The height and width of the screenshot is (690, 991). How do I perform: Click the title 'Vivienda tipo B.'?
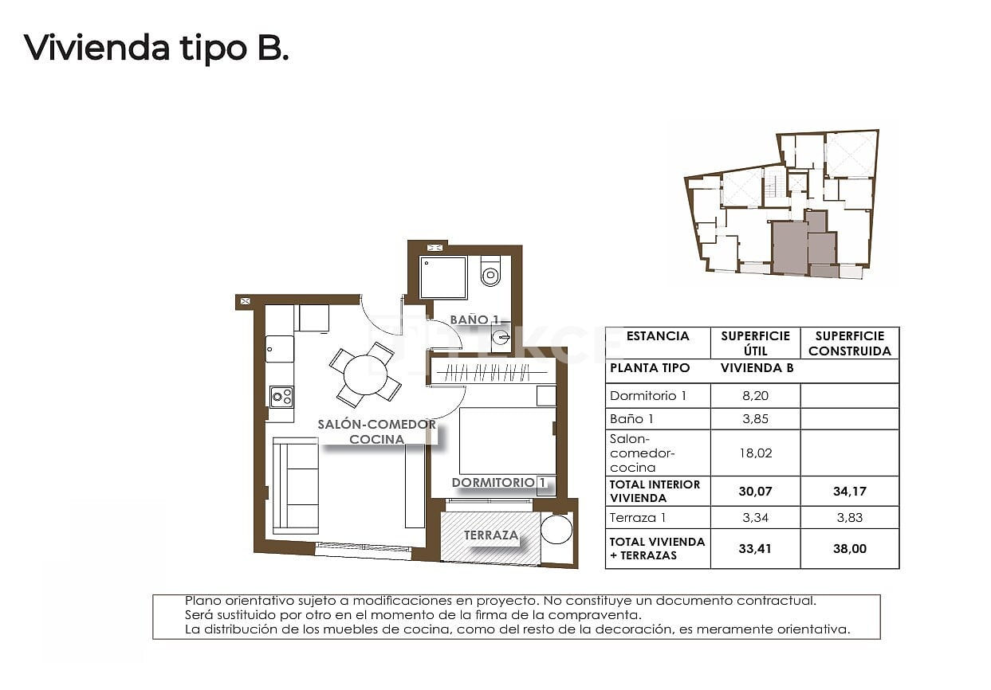[156, 48]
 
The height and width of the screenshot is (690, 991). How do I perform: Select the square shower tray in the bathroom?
[444, 277]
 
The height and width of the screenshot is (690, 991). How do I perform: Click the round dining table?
[365, 374]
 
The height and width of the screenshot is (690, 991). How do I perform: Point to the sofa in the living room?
[295, 485]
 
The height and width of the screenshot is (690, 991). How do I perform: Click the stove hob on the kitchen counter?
[281, 397]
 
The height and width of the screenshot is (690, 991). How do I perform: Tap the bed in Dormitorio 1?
[507, 441]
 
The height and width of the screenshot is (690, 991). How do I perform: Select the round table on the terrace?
[556, 530]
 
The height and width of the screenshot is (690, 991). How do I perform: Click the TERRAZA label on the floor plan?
[491, 535]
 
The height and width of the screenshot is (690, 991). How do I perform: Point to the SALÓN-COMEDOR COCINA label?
[376, 431]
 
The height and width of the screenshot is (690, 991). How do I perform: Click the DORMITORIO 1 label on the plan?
[499, 482]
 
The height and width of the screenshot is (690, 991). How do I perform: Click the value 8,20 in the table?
[754, 395]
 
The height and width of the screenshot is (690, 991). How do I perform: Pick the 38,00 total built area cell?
[849, 549]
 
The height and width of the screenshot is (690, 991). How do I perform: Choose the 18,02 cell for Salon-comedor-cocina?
[754, 453]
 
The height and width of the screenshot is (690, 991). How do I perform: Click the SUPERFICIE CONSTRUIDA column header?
[849, 343]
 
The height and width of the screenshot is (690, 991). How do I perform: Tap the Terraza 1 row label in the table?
[635, 518]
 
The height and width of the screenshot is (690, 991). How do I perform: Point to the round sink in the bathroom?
[501, 338]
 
